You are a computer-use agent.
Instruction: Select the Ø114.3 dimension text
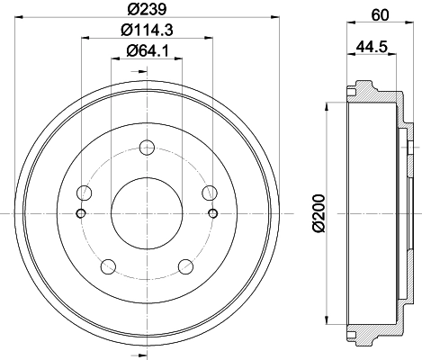coord(147,30)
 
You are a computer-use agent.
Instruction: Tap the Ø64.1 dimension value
coord(148,50)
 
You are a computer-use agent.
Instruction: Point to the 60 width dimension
coord(380,14)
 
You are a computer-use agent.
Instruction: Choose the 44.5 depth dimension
coord(372,47)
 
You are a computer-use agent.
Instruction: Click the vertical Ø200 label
coord(319,213)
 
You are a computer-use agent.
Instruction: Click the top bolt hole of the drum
coord(147,148)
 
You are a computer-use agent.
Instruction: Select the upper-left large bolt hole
coord(85,193)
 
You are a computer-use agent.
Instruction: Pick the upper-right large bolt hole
coord(210,193)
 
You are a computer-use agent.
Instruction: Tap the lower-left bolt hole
coord(109,266)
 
